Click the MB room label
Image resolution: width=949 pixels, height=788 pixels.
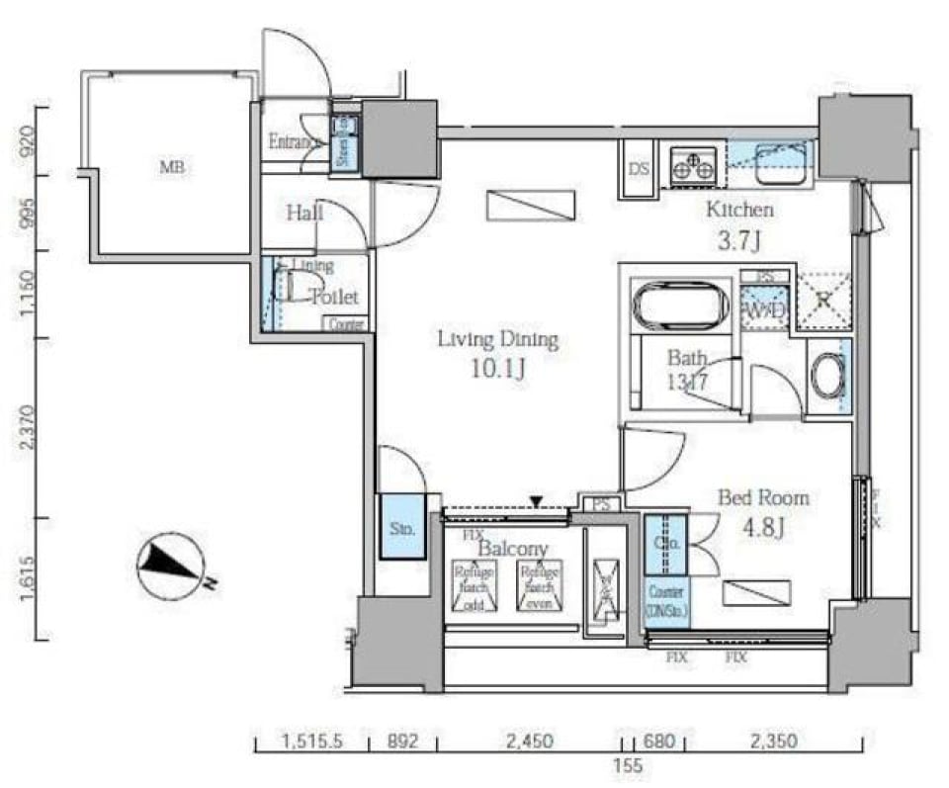[172, 168]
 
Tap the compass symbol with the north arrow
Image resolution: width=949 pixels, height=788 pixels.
[170, 567]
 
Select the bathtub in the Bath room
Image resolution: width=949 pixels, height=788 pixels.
[680, 306]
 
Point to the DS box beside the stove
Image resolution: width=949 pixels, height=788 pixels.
[639, 168]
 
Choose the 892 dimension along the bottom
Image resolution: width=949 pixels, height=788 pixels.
[402, 740]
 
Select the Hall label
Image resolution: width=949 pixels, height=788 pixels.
[303, 213]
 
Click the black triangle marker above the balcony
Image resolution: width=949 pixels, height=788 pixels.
[536, 502]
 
